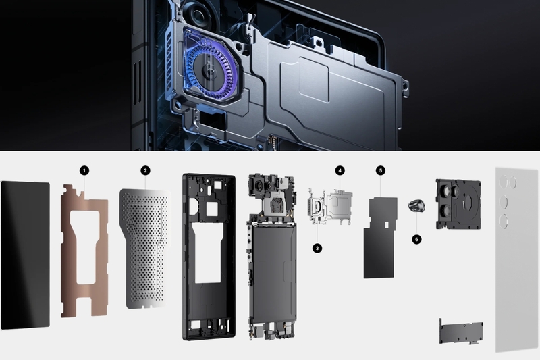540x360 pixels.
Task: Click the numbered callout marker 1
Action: pos(84,170)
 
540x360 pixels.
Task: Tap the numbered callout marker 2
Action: pos(145,170)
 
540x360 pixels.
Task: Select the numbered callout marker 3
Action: pos(317,248)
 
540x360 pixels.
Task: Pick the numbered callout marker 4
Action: pos(340,170)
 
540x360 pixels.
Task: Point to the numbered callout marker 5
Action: pos(381,170)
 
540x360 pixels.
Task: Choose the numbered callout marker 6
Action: pos(416,239)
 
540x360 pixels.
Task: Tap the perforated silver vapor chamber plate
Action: pos(144,248)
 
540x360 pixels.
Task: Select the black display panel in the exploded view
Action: pos(26,255)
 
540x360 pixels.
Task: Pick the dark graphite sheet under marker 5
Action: pos(380,238)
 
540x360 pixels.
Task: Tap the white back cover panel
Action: pos(517,259)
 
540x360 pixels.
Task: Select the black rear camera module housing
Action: pos(458,204)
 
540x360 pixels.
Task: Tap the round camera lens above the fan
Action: pos(199,16)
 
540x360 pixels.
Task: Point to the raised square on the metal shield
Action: pos(314,79)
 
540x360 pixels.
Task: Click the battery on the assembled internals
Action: pos(273,273)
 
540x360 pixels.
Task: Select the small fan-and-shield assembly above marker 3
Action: pos(330,207)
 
